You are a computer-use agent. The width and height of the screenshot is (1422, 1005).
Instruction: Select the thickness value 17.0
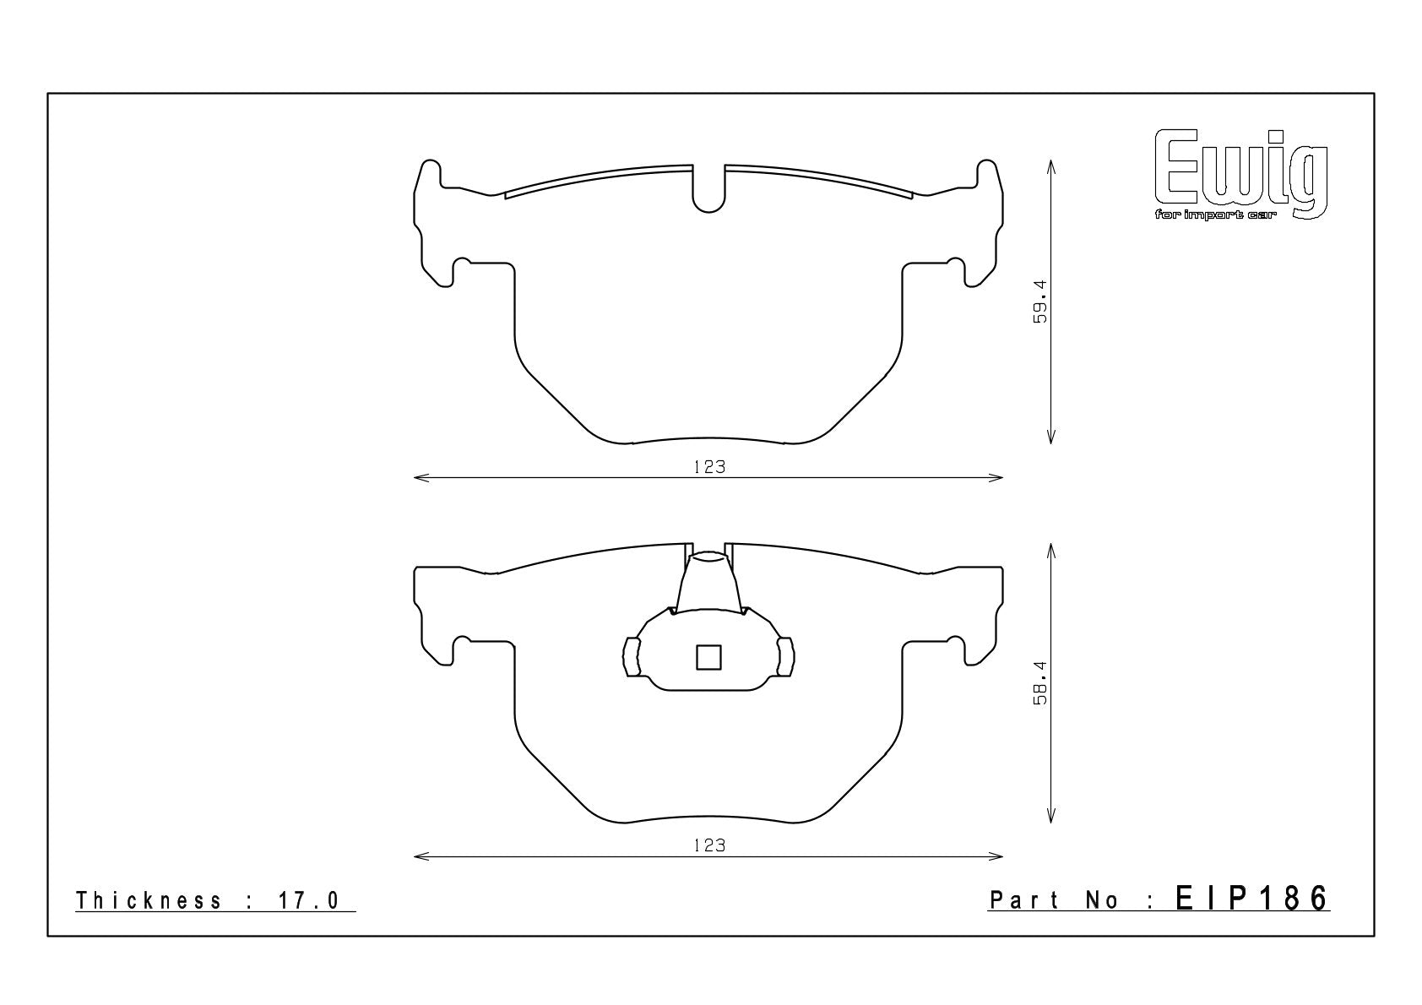tap(309, 900)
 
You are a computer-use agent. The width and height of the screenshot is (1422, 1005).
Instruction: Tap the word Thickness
tap(149, 900)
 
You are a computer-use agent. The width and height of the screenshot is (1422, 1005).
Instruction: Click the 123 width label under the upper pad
tap(709, 467)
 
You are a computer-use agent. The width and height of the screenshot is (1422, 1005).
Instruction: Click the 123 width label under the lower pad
tap(709, 845)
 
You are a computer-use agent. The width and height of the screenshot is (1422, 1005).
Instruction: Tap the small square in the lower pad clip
tap(708, 657)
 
